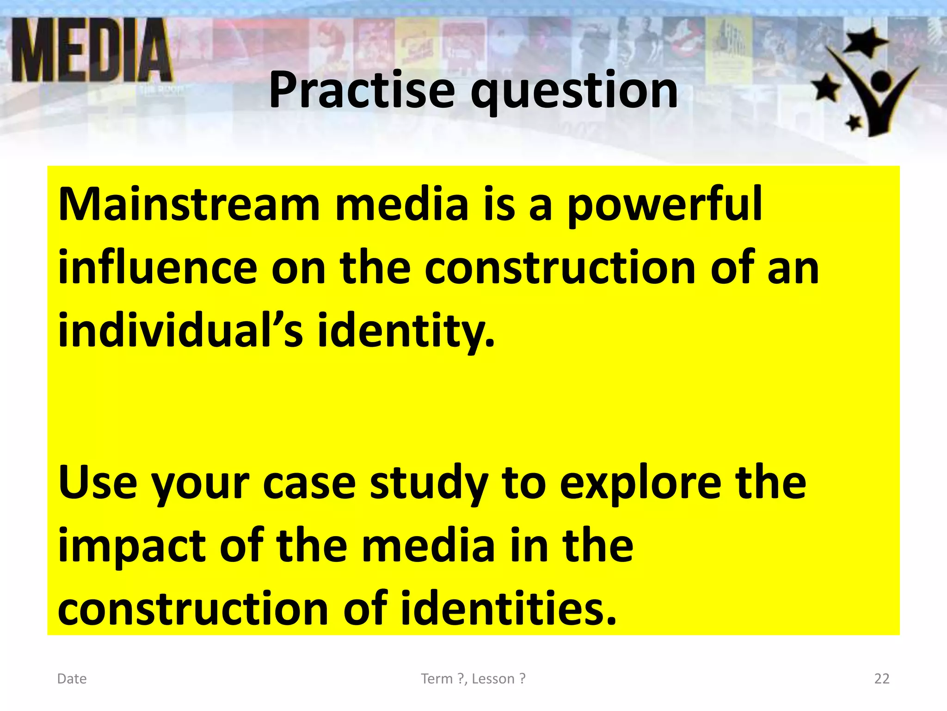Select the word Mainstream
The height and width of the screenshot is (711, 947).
[189, 204]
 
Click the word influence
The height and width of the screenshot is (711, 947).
[157, 268]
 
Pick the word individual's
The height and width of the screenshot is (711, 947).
[180, 330]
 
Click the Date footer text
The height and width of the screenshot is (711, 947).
[72, 679]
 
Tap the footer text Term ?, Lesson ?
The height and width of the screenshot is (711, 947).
[473, 679]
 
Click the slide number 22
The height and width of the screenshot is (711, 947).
[882, 679]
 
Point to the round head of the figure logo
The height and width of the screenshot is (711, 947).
[881, 81]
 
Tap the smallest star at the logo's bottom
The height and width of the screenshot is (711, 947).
[854, 123]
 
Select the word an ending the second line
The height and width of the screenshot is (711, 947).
[793, 268]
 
